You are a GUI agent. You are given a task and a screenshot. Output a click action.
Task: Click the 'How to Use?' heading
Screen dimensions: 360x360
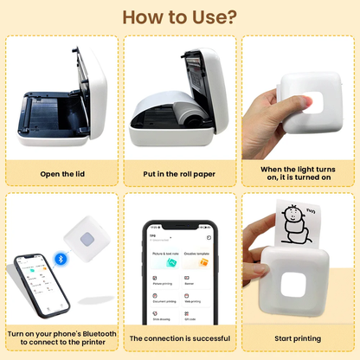pyautogui.click(x=180, y=17)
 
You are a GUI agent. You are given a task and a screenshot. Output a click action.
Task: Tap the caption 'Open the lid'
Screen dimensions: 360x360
pyautogui.click(x=61, y=174)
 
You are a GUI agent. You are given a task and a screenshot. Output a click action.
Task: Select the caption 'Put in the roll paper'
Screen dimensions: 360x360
pyautogui.click(x=180, y=174)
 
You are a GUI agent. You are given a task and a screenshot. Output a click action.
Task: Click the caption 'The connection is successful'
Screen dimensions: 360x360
pyautogui.click(x=180, y=338)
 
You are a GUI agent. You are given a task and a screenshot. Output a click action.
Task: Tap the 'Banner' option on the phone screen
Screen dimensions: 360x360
pyautogui.click(x=196, y=276)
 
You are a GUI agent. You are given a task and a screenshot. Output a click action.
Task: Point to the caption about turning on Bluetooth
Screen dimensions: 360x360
pyautogui.click(x=61, y=338)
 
